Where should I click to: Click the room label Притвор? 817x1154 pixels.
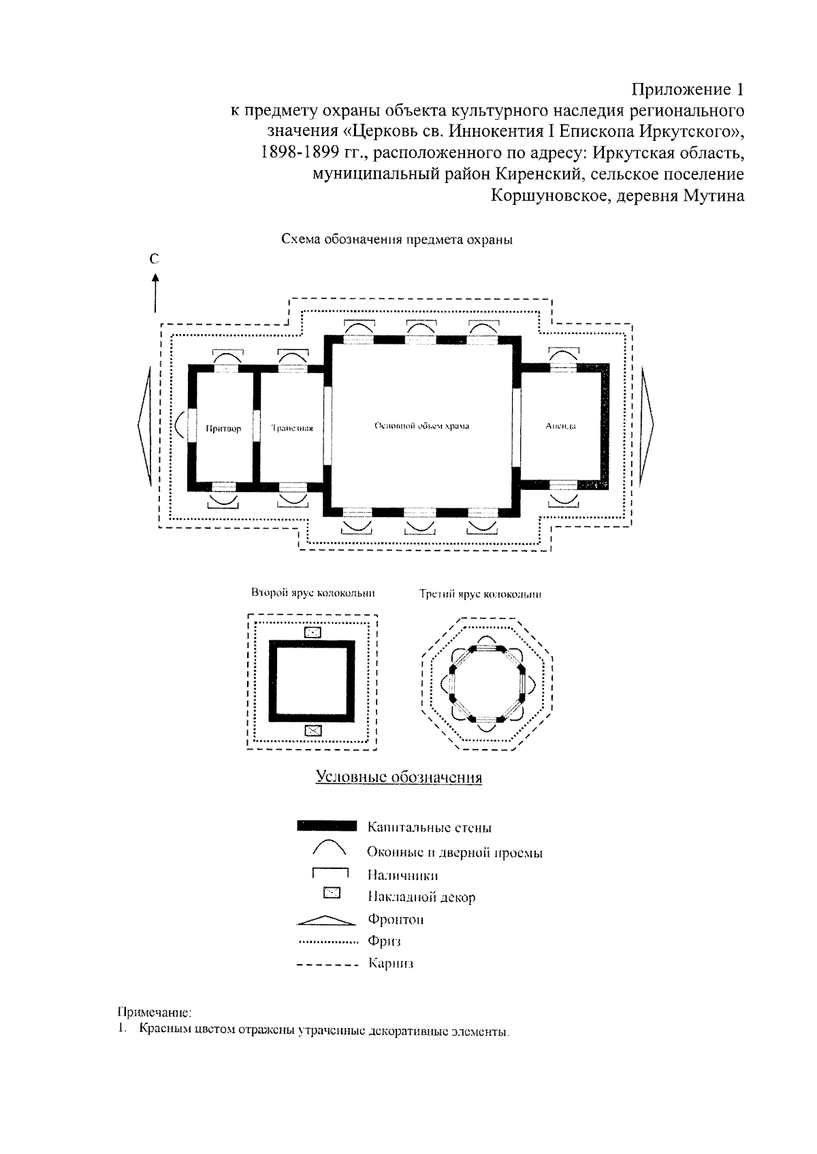tap(223, 429)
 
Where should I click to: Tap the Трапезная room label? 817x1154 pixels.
tap(291, 429)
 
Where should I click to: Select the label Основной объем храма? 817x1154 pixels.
tap(422, 426)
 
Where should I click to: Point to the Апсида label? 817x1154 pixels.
tap(561, 426)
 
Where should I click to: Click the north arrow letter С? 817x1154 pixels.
tap(155, 259)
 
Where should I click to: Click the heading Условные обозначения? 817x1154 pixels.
tap(399, 777)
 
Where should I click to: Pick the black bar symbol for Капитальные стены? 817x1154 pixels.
tap(326, 827)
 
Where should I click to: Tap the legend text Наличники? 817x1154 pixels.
tap(402, 875)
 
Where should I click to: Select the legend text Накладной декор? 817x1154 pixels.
tap(421, 897)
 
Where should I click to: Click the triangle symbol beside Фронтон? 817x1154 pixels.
tap(326, 920)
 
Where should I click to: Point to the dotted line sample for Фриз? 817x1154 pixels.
tap(328, 942)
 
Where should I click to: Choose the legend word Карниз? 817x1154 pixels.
tap(391, 963)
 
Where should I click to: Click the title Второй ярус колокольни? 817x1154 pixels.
tap(313, 593)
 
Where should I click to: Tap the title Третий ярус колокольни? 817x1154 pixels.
tap(480, 594)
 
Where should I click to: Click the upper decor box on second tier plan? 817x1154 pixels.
tap(312, 632)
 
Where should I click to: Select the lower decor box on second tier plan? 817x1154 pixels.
tap(312, 731)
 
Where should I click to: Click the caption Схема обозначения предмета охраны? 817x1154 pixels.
tap(397, 240)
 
